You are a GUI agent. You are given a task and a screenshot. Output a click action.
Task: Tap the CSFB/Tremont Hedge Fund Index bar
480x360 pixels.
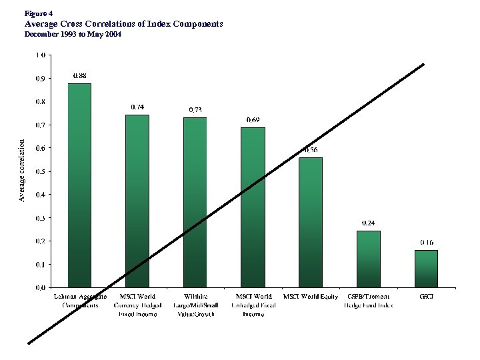point(368,259)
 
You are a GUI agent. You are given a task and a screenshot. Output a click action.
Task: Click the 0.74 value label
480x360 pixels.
point(137,107)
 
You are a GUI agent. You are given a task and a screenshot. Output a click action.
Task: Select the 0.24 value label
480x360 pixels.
point(368,223)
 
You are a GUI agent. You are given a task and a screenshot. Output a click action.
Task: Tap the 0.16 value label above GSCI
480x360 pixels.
point(426,242)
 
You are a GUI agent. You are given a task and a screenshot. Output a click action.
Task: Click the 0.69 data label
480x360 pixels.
point(253,119)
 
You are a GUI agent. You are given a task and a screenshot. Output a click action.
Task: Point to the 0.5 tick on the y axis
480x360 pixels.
point(40,171)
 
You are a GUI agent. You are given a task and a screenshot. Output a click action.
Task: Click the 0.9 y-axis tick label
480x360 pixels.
point(40,79)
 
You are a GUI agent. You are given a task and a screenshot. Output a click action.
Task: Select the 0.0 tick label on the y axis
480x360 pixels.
point(40,287)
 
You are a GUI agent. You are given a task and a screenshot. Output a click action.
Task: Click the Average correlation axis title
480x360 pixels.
point(21,171)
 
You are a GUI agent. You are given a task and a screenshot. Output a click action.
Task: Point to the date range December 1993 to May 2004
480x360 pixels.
point(73,33)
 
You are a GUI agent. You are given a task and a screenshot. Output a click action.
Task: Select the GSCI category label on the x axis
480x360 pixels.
point(425,296)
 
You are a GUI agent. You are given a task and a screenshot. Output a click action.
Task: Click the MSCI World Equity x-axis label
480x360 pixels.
point(311,296)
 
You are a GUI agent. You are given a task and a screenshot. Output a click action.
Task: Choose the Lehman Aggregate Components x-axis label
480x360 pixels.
point(79,300)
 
